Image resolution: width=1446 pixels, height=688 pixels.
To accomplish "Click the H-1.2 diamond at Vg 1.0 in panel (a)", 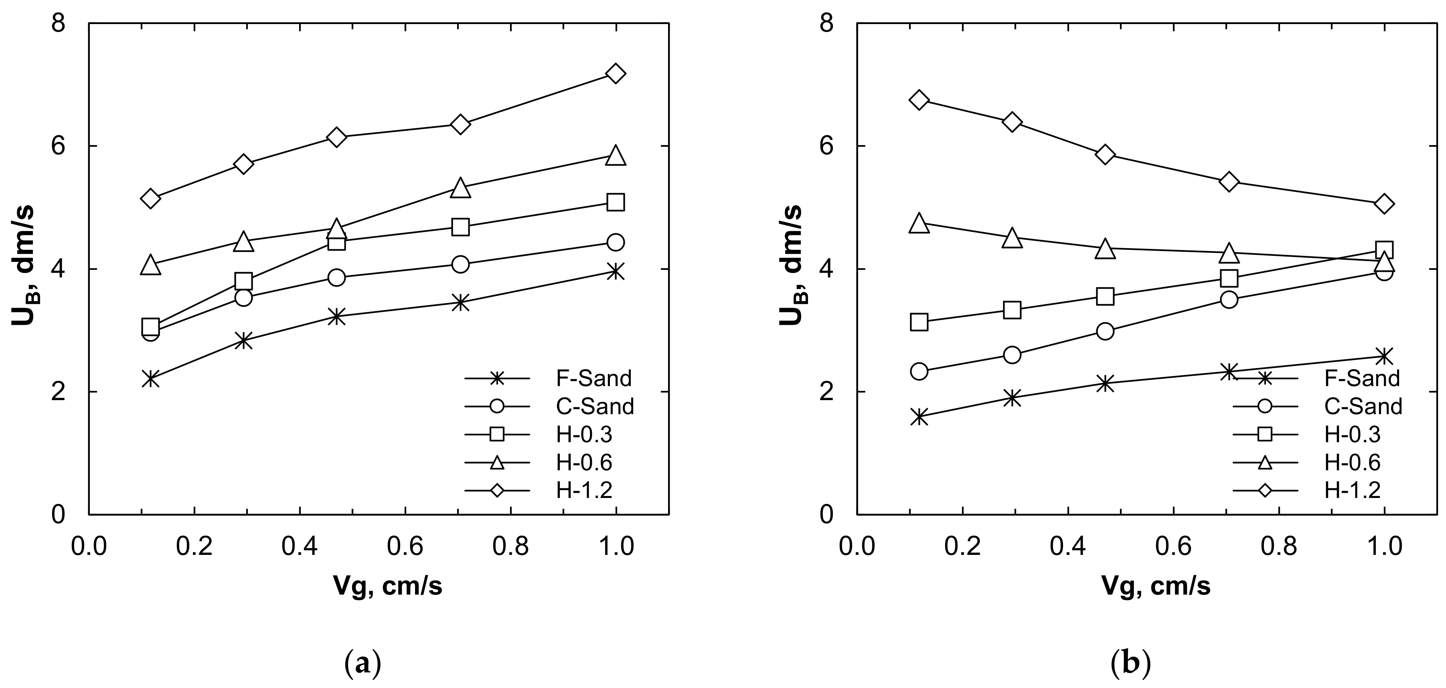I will point(616,73).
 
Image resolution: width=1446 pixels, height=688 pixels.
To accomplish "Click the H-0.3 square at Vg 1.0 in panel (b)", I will point(1384,250).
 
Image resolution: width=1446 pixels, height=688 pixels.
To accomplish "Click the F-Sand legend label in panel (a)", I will point(593,379).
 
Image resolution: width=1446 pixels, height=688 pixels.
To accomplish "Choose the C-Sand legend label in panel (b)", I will point(1363,406).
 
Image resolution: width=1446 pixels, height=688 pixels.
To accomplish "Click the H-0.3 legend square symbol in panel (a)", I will point(497,434).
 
